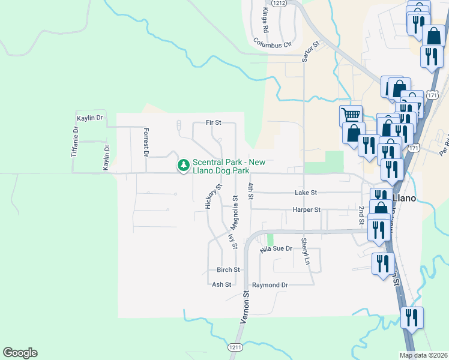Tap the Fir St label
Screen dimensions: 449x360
214,122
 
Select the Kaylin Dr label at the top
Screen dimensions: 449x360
90,118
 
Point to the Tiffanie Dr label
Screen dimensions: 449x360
75,142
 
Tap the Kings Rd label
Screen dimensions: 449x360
265,21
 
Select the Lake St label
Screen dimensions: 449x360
306,193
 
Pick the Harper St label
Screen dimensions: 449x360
306,210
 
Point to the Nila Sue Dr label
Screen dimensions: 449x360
276,248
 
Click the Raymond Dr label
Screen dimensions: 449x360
270,285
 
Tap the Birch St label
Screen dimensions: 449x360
228,270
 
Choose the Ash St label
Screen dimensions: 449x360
221,285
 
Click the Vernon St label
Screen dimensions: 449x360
245,308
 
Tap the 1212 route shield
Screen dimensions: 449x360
278,3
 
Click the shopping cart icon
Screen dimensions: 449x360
351,114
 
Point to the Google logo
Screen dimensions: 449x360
20,353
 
